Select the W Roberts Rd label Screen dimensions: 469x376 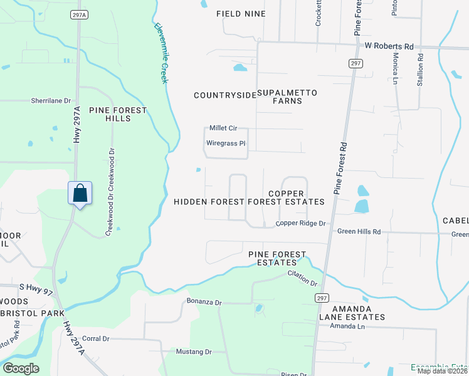[x=389, y=46]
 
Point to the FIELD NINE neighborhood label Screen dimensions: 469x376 [x=241, y=14]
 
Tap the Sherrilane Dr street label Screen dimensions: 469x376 [x=53, y=100]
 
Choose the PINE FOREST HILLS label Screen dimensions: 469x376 [x=118, y=115]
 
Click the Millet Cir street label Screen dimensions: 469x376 [x=223, y=128]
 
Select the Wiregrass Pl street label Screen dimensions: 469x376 [x=225, y=144]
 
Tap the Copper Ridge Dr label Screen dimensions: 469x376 [x=301, y=224]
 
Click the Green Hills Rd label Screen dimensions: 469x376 [x=359, y=231]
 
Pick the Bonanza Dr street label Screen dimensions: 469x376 [x=204, y=302]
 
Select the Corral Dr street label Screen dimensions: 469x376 [x=96, y=339]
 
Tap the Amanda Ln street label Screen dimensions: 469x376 [x=347, y=326]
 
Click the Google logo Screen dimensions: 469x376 [x=21, y=368]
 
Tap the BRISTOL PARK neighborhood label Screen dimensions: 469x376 [x=23, y=311]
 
